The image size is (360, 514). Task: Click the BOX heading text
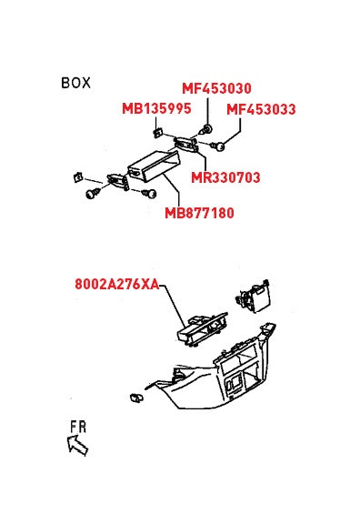(75, 83)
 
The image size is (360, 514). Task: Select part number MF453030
(216, 88)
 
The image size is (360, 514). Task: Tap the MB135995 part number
(156, 108)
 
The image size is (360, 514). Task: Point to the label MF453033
(261, 109)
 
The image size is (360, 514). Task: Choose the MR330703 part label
(225, 177)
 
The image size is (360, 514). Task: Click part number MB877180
(199, 213)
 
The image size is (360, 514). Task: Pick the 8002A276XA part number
(117, 284)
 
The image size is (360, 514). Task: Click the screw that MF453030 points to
(206, 129)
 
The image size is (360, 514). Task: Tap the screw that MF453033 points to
(217, 146)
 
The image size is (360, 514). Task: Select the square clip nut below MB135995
(158, 133)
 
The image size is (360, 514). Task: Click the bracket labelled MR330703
(186, 145)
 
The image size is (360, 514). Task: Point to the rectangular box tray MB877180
(154, 166)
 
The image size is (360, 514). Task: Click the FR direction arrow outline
(77, 445)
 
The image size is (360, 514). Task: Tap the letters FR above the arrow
(78, 427)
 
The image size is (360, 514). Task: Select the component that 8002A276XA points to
(202, 328)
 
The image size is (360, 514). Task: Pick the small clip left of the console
(136, 398)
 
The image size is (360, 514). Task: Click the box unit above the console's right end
(253, 296)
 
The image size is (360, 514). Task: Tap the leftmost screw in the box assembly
(93, 193)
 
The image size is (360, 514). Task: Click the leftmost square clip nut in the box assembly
(77, 177)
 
